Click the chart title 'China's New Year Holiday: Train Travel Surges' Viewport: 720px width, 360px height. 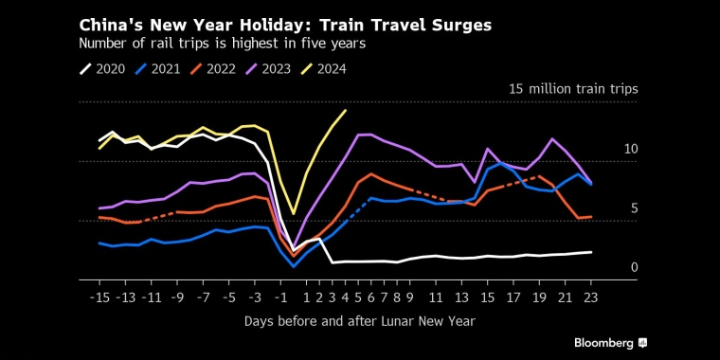coord(285,26)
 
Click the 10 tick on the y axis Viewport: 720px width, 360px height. coord(631,150)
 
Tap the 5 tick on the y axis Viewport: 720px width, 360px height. coord(634,208)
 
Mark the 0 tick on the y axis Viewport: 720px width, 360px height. coord(634,268)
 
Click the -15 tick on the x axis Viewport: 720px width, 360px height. coord(99,297)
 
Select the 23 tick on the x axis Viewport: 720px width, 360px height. coord(590,297)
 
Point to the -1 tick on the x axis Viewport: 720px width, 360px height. coord(279,297)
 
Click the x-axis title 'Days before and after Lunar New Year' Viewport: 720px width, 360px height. coord(359,322)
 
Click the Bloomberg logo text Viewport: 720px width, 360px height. coord(603,342)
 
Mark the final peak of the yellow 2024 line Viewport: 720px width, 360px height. coord(346,110)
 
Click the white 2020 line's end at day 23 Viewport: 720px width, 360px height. coord(590,252)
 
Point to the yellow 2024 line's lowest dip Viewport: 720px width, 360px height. coord(294,213)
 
